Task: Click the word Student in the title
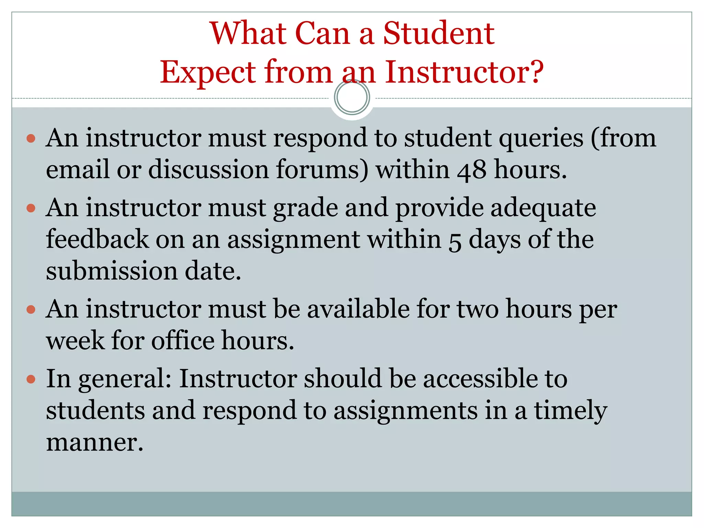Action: pyautogui.click(x=439, y=33)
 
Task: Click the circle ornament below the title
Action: pyautogui.click(x=352, y=97)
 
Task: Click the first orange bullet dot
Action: pyautogui.click(x=31, y=139)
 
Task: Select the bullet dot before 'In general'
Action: pyautogui.click(x=31, y=379)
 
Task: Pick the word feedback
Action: pyautogui.click(x=97, y=239)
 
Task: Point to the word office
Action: pyautogui.click(x=183, y=340)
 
